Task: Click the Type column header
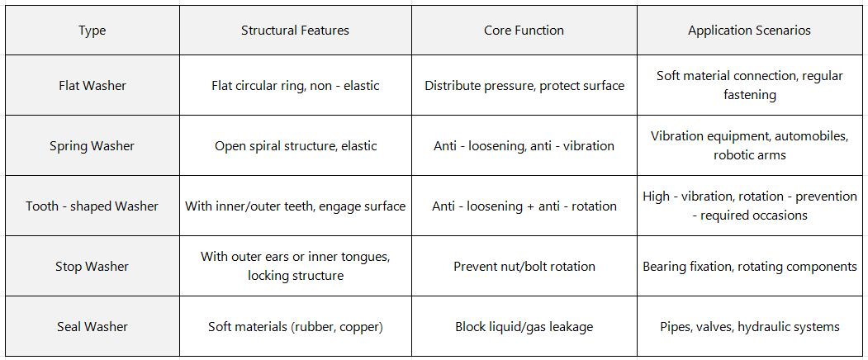(x=92, y=31)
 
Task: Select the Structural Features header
(x=295, y=31)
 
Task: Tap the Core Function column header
(x=524, y=31)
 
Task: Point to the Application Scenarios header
(x=750, y=31)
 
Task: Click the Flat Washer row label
(x=92, y=85)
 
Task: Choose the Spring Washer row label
(x=92, y=145)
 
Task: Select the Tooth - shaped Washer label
(x=92, y=206)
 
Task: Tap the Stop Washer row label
(x=92, y=267)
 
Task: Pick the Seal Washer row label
(x=92, y=327)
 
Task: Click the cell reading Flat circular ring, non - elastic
(x=295, y=85)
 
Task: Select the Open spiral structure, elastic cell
(x=295, y=145)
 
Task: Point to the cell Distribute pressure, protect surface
(x=524, y=85)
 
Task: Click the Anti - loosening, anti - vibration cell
(x=524, y=145)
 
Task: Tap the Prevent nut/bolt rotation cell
(x=524, y=267)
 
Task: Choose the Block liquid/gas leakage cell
(x=524, y=327)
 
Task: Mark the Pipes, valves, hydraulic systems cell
(x=750, y=327)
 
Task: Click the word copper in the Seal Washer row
(x=359, y=327)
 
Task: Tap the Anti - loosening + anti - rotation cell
(x=524, y=206)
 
